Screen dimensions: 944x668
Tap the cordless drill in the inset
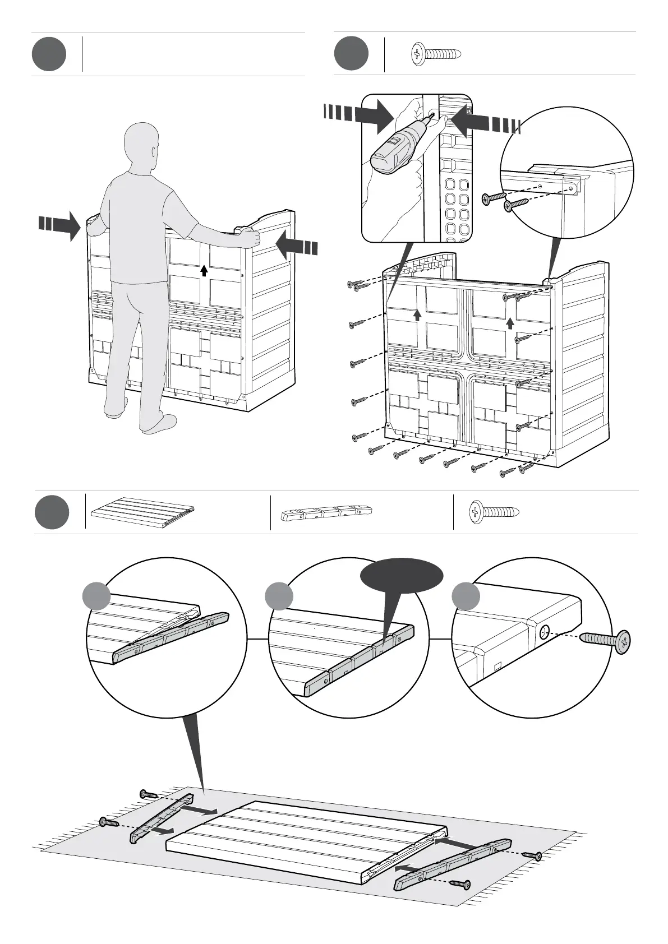(x=394, y=147)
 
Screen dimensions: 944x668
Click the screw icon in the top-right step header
(x=436, y=54)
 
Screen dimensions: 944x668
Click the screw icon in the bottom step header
(x=494, y=512)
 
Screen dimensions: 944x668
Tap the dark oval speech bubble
(x=402, y=576)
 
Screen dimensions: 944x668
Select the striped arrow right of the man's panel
(x=297, y=246)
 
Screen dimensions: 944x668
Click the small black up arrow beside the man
(x=204, y=271)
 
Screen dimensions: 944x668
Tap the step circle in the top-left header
(x=49, y=54)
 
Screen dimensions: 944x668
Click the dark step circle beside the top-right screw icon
(x=351, y=54)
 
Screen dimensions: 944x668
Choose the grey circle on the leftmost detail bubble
(x=96, y=596)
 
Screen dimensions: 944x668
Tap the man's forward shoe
(x=159, y=423)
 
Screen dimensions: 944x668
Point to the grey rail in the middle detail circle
(x=359, y=827)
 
